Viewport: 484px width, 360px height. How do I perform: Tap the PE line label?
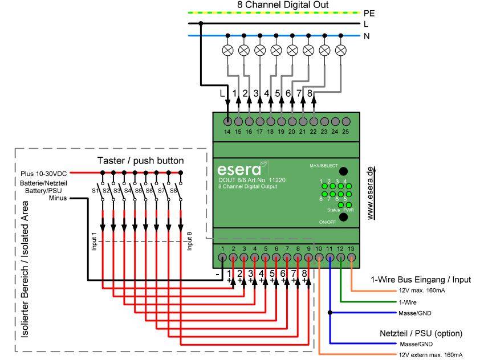tap(368, 13)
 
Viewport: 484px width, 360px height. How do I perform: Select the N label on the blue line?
tap(365, 36)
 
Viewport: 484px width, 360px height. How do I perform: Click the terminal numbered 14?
tap(227, 121)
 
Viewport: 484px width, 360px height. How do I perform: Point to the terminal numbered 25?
tap(345, 121)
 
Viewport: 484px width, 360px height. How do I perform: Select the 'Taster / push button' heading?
tap(140, 161)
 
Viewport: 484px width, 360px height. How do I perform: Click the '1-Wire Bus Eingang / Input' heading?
tap(420, 280)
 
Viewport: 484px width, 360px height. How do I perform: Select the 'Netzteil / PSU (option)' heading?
tap(421, 333)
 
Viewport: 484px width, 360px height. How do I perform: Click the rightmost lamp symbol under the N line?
tap(341, 50)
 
